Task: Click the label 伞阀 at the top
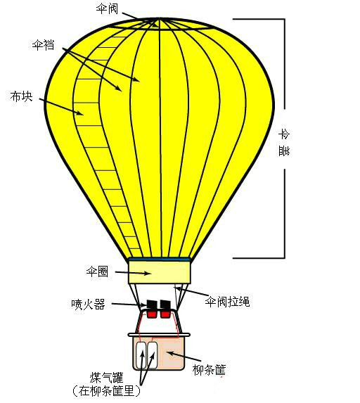pos(107,8)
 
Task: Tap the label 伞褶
pos(43,44)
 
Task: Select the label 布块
pos(21,96)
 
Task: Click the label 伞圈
pos(97,271)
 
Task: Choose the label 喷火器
pos(88,304)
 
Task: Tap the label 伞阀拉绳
pos(227,301)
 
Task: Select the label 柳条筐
pos(209,369)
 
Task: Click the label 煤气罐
pos(106,378)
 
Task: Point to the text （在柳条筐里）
pos(106,391)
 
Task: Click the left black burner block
pos(152,305)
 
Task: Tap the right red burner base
pos(165,314)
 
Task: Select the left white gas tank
pos(141,355)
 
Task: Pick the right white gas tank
pos(152,355)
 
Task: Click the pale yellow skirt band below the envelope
pos(160,272)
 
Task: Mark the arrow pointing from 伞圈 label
pos(133,273)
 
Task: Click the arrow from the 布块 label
pos(62,106)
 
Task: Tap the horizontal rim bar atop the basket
pos(159,335)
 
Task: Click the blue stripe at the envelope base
pos(160,259)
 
